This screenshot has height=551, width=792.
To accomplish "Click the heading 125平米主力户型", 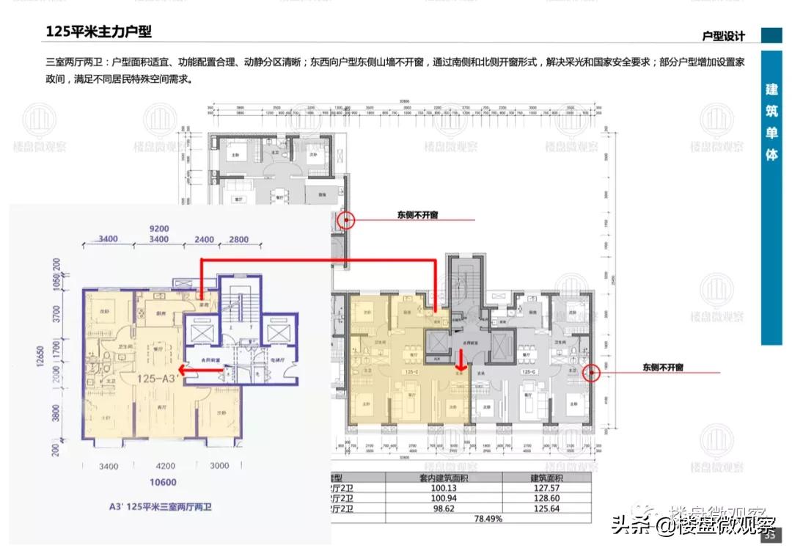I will [x=98, y=32].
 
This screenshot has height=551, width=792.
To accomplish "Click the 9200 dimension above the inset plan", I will [x=159, y=228].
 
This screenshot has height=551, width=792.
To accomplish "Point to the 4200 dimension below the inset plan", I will [x=166, y=465].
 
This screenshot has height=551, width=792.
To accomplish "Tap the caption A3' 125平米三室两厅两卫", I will [x=158, y=506].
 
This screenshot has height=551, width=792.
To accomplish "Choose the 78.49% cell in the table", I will [x=488, y=518].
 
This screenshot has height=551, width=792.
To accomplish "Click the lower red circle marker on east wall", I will [x=592, y=373].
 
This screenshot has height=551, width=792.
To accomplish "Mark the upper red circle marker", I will [x=345, y=219].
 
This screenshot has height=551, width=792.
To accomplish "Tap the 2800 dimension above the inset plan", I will [x=239, y=240].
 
